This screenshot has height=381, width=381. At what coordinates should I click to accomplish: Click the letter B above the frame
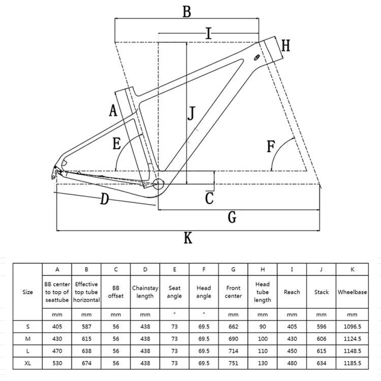(x=187, y=11)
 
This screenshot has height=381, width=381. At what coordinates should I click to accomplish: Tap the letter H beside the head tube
(x=285, y=46)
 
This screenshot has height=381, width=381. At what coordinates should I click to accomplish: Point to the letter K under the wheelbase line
(x=188, y=237)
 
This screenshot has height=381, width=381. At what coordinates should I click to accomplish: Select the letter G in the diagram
(x=232, y=217)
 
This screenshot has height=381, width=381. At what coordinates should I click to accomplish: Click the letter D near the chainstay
(x=104, y=199)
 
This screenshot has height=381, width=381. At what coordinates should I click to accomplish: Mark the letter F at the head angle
(x=270, y=147)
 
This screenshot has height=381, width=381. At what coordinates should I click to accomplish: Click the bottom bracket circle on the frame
(x=159, y=183)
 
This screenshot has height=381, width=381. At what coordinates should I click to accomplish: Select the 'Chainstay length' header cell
(x=145, y=292)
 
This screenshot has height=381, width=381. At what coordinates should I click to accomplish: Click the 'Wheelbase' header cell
(x=352, y=292)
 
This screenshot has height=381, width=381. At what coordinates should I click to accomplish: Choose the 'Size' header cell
(x=28, y=292)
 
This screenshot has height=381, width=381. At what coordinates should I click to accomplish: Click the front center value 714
(x=233, y=351)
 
